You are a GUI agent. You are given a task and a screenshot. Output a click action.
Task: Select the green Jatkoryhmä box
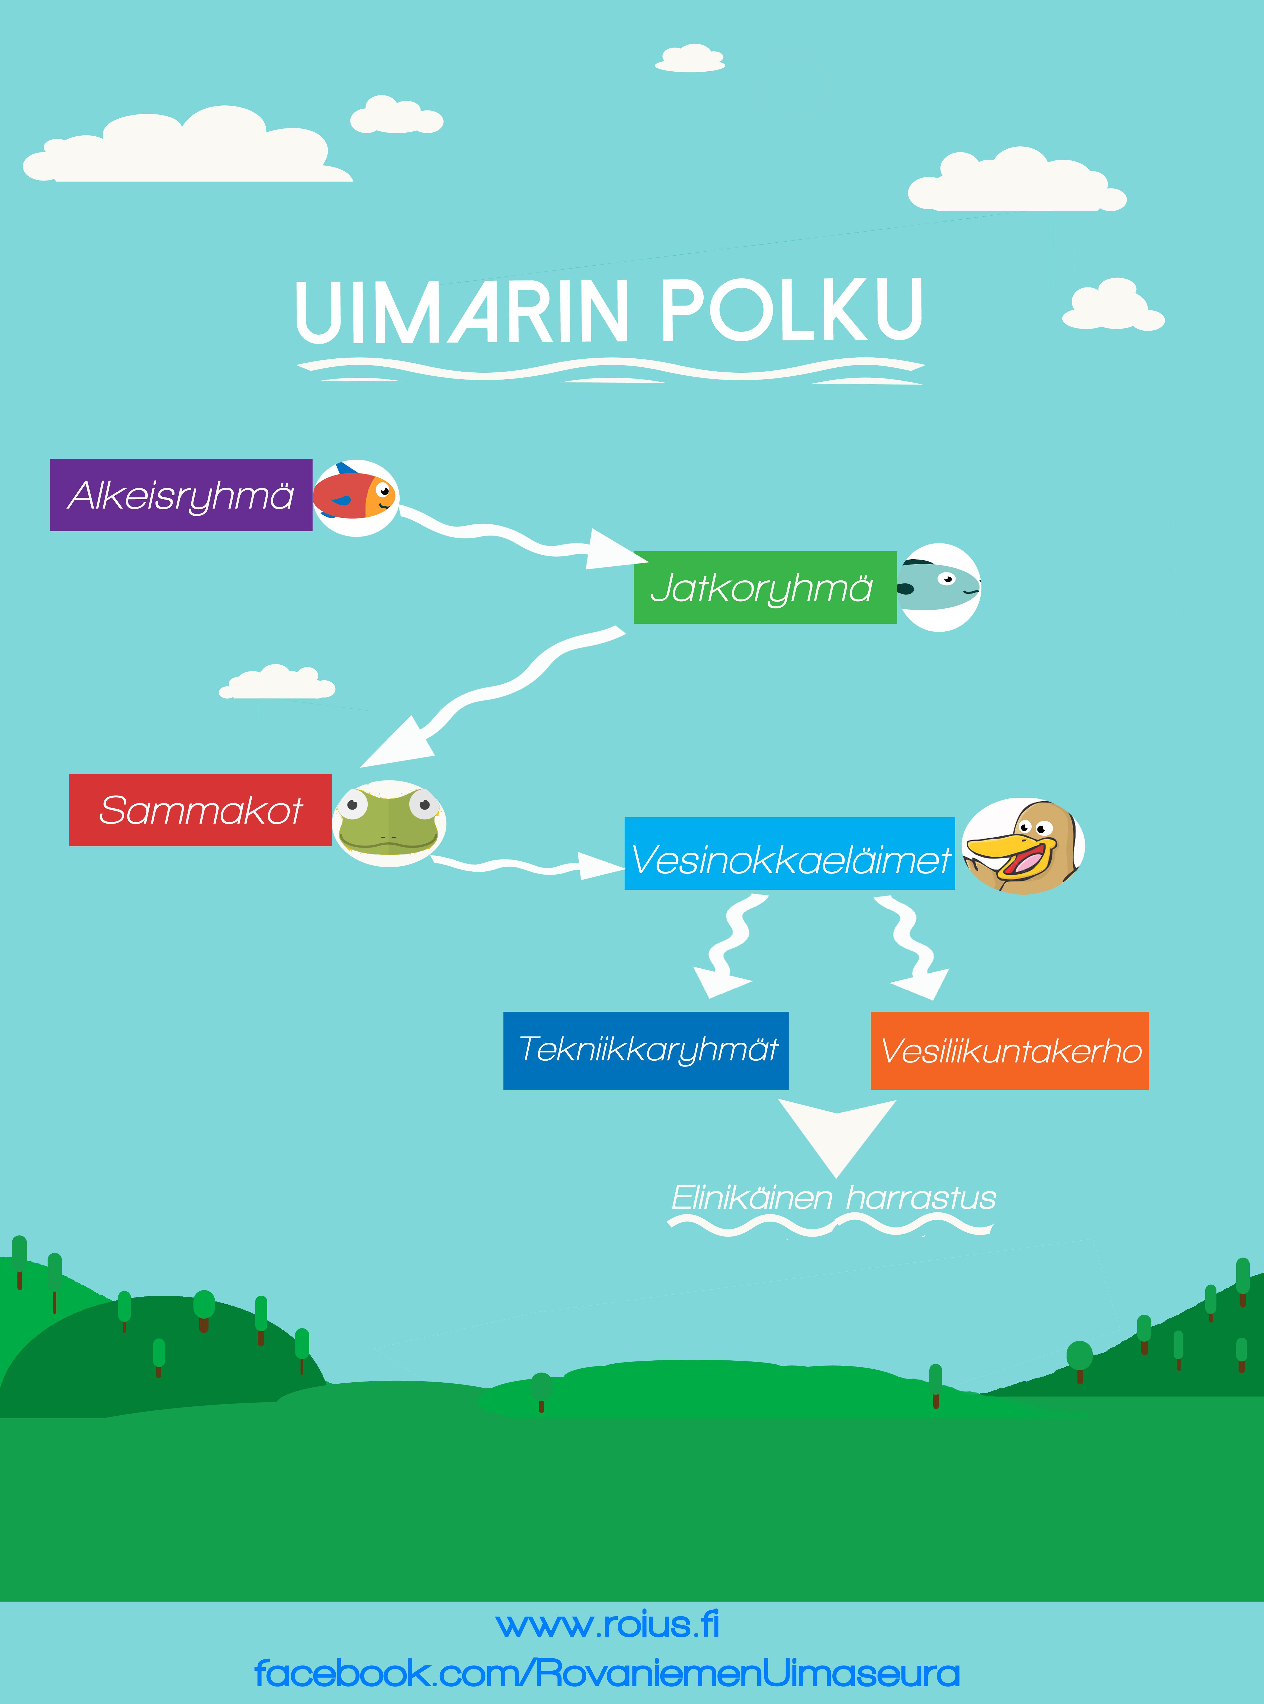(x=764, y=588)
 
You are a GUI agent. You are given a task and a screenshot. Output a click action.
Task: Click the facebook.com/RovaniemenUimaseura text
(x=607, y=1673)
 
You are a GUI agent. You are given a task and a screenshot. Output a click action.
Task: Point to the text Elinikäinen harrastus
(x=833, y=1198)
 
